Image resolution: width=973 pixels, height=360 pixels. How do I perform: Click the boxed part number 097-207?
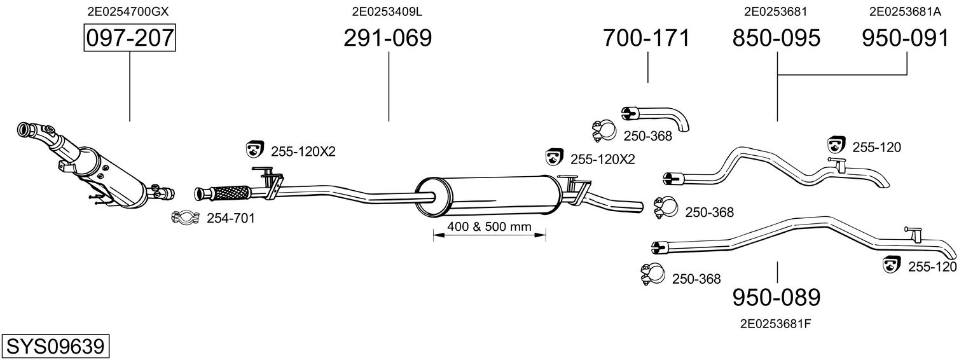point(130,38)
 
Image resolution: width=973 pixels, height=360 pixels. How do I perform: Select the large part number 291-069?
point(387,38)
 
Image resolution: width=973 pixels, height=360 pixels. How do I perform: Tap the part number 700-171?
point(646,38)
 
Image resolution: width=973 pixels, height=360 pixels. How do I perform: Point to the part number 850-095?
point(776,38)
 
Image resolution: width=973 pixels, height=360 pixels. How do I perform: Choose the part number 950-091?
point(906,38)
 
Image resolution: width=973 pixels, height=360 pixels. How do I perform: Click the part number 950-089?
point(776,297)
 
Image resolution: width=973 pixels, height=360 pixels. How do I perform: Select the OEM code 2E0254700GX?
point(128,11)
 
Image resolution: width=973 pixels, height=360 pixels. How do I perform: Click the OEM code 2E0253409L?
point(387,11)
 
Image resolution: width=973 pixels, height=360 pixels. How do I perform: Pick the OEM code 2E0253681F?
point(775,323)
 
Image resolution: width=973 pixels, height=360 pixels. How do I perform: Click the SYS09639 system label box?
point(55,347)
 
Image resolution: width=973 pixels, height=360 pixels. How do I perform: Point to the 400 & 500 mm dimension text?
point(489,226)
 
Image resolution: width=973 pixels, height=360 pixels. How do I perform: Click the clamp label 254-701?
point(231,219)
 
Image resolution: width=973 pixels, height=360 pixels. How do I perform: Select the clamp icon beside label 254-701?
point(186,218)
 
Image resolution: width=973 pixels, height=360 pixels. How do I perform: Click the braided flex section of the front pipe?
point(230,191)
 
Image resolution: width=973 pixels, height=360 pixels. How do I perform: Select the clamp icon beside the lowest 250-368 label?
point(649,275)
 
